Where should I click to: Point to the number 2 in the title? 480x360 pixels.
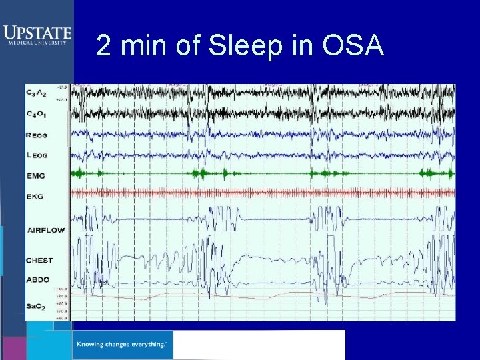104,47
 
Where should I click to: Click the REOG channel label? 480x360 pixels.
37,135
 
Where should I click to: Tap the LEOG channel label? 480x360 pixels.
37,155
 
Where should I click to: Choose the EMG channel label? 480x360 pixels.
35,176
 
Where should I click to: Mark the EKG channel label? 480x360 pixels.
35,197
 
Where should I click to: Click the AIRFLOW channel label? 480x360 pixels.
46,230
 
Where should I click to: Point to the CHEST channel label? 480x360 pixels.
39,260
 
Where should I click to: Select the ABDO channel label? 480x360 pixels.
38,279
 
